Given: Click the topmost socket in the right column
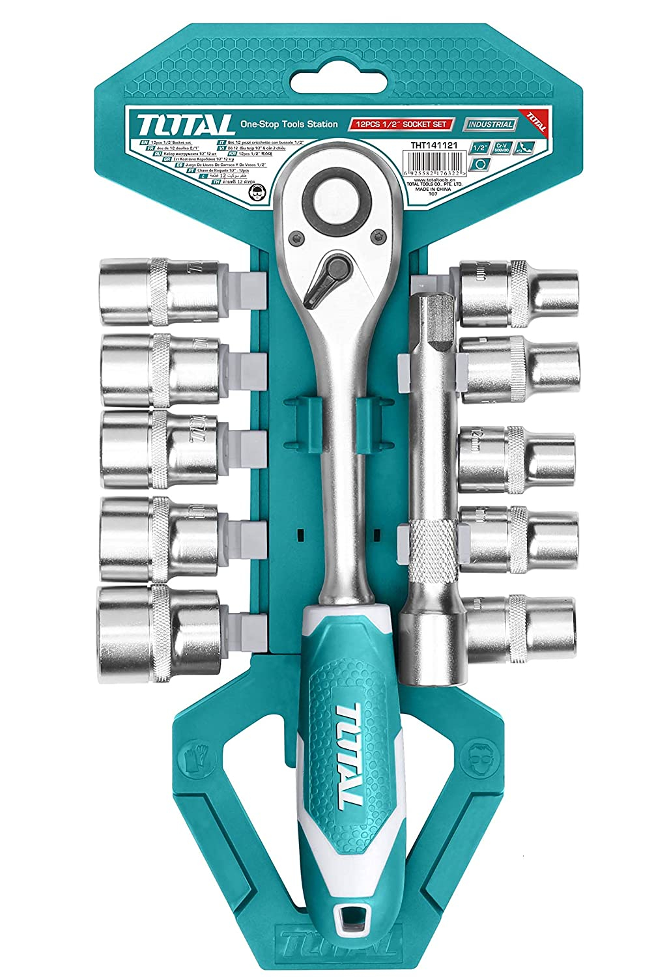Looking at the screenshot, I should [519, 293].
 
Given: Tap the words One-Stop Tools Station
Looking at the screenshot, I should [288, 123].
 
